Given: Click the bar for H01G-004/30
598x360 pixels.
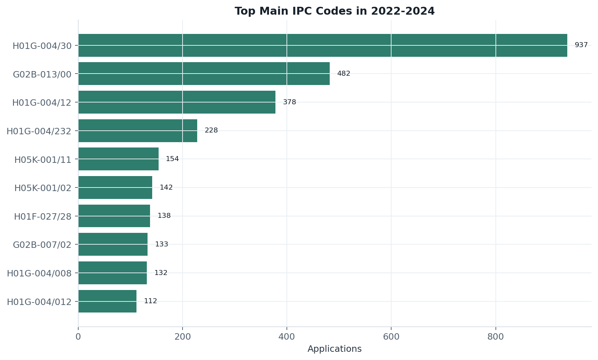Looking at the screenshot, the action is (323, 45).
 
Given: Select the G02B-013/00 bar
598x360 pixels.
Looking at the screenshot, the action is (204, 74).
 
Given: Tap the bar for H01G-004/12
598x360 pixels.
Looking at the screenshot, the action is (177, 102).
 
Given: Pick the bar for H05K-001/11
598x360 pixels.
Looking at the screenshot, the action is (119, 159).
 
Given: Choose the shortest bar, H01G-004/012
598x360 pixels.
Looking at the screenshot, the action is (107, 301).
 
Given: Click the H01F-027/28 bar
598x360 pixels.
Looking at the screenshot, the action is (114, 216).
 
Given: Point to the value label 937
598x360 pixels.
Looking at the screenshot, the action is (581, 45).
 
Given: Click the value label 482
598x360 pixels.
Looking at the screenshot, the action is (344, 73).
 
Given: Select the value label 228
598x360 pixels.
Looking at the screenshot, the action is (211, 130).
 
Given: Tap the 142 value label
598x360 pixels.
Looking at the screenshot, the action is (166, 187).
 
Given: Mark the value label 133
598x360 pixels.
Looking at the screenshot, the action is (161, 244).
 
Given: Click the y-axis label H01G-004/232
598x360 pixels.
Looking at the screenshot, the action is (39, 131).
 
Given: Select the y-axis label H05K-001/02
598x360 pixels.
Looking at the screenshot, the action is (43, 188).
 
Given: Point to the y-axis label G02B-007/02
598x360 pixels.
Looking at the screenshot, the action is (42, 245).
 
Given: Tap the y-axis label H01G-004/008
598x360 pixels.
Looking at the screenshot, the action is (39, 274).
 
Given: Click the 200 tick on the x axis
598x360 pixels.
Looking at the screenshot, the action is (183, 337).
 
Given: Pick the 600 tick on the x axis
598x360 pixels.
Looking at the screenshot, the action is (391, 337).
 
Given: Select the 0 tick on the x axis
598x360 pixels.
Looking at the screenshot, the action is (78, 337).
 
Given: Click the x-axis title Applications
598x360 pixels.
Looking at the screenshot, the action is (334, 349).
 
